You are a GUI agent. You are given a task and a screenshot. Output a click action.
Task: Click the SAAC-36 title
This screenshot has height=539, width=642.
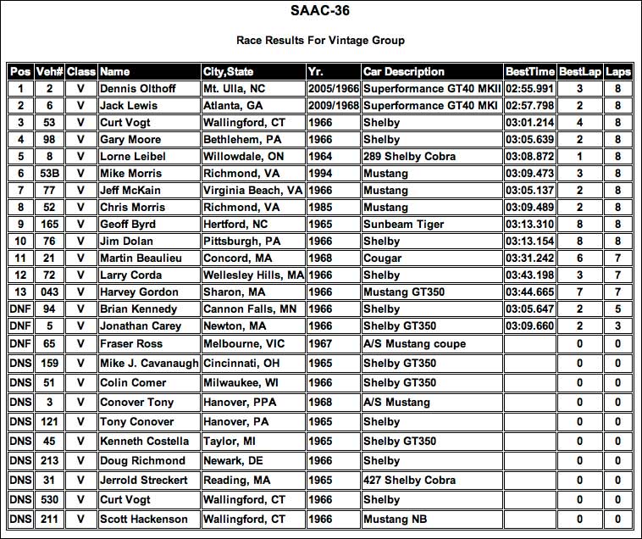pos(320,13)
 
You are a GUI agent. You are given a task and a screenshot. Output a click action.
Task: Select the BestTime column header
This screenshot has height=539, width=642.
pos(529,71)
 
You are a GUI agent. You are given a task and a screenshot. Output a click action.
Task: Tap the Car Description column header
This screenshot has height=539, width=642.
pos(403,71)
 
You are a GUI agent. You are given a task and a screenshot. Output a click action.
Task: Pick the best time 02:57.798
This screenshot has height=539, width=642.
pos(529,105)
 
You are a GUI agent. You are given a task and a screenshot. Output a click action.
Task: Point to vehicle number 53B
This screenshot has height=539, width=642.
pos(50,173)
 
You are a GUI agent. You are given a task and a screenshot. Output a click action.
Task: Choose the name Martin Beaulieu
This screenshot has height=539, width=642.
pos(142,258)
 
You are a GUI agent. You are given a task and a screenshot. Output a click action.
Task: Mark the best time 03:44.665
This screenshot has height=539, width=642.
pos(529,292)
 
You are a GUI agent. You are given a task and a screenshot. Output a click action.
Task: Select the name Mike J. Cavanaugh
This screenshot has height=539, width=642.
pos(148,364)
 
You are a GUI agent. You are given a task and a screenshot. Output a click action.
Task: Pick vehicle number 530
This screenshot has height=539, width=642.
pos(50,499)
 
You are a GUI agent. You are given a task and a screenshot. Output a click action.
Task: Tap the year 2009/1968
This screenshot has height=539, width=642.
pos(334,105)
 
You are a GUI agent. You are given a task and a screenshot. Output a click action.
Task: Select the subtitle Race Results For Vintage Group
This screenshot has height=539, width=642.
pos(320,40)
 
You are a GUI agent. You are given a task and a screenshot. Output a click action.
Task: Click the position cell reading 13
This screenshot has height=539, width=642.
pos(19,292)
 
